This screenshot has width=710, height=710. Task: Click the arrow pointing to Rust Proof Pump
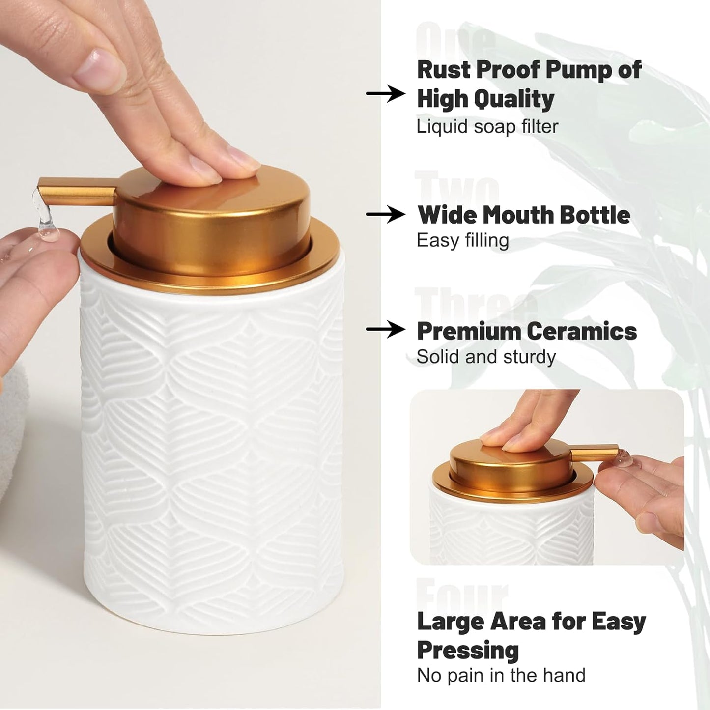click(x=386, y=93)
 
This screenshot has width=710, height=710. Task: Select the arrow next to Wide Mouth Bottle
click(x=386, y=214)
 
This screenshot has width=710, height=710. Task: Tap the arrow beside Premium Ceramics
click(x=386, y=330)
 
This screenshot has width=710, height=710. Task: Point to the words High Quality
click(x=485, y=99)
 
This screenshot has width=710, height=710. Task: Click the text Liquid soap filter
click(x=487, y=127)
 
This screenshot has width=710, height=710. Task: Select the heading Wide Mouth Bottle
click(x=523, y=215)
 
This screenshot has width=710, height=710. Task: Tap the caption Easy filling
click(x=462, y=241)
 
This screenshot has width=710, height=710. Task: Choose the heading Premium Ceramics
click(x=526, y=331)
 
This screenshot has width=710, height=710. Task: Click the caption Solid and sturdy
click(x=485, y=357)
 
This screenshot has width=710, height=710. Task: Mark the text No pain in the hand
click(x=501, y=676)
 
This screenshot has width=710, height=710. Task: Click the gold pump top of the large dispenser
click(x=211, y=206)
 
